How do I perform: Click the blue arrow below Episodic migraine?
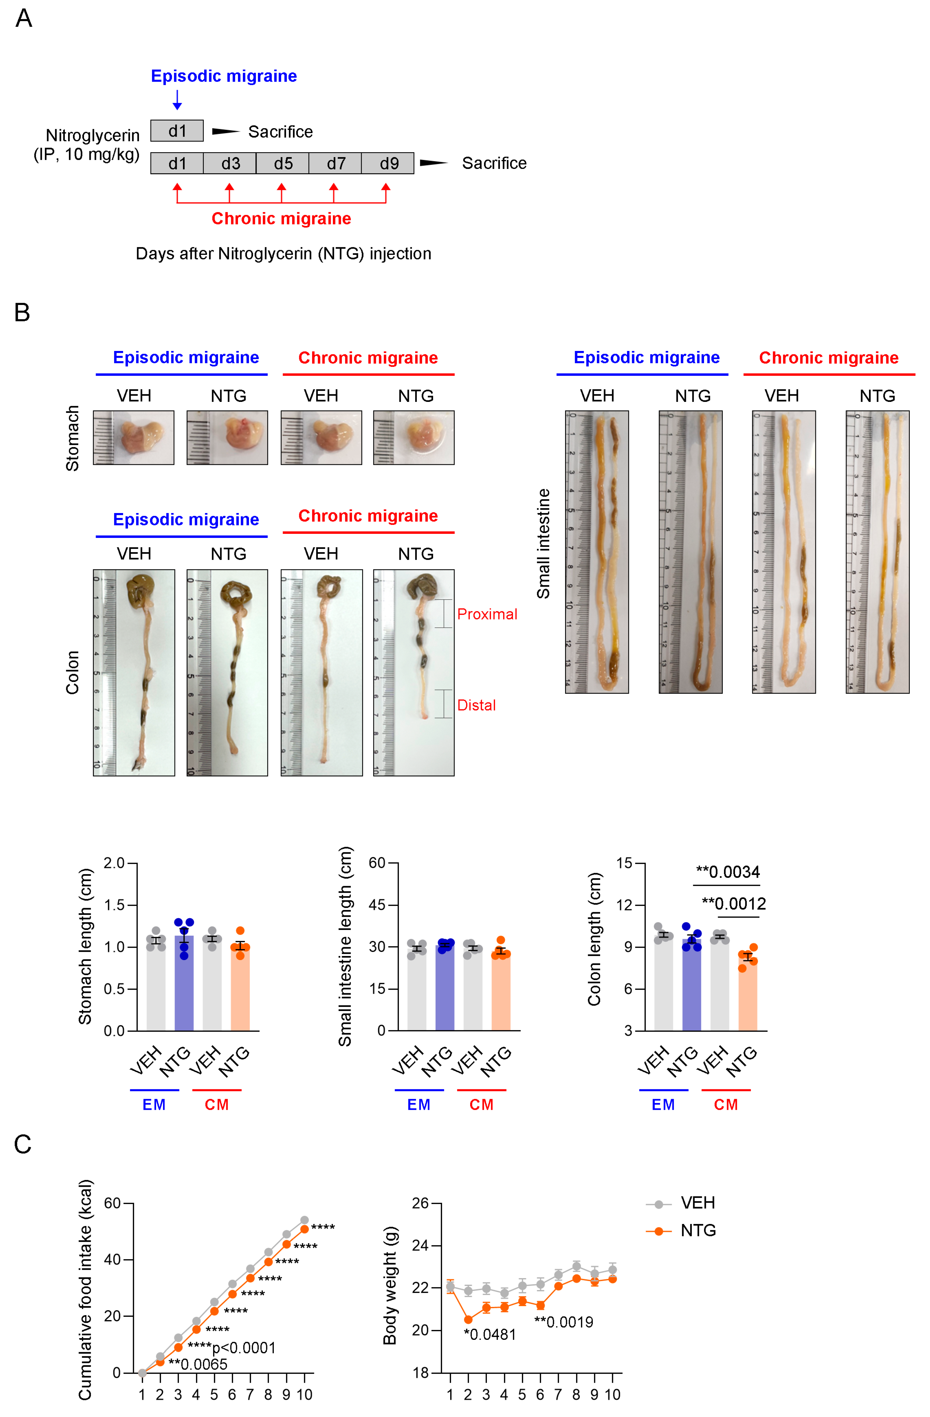coord(177,99)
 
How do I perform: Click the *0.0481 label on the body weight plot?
coord(490,1334)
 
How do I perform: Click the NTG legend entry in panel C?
coord(697,1230)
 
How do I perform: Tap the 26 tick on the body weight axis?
coord(420,1203)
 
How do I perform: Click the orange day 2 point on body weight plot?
coord(468,1319)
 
